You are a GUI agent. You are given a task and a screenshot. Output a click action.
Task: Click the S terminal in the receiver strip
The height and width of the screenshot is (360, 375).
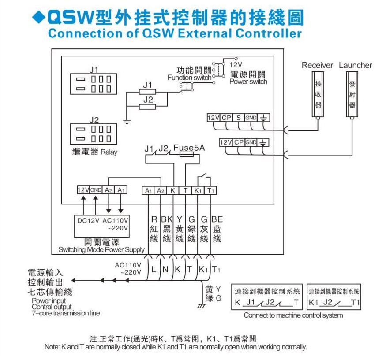[x=239, y=118]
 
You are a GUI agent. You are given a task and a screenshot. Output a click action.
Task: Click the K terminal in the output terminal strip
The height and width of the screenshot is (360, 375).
[x=173, y=190]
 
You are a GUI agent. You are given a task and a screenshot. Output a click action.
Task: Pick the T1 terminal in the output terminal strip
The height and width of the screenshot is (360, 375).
[x=211, y=190]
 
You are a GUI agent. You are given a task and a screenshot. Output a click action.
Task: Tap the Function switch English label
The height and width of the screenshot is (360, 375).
[x=189, y=78]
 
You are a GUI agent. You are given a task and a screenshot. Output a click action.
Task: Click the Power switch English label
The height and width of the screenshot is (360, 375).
[x=248, y=82]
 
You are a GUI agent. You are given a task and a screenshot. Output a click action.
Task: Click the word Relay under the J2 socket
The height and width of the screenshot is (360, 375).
[x=109, y=152]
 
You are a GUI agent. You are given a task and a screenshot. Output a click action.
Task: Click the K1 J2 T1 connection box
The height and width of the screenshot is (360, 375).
[x=334, y=297]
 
